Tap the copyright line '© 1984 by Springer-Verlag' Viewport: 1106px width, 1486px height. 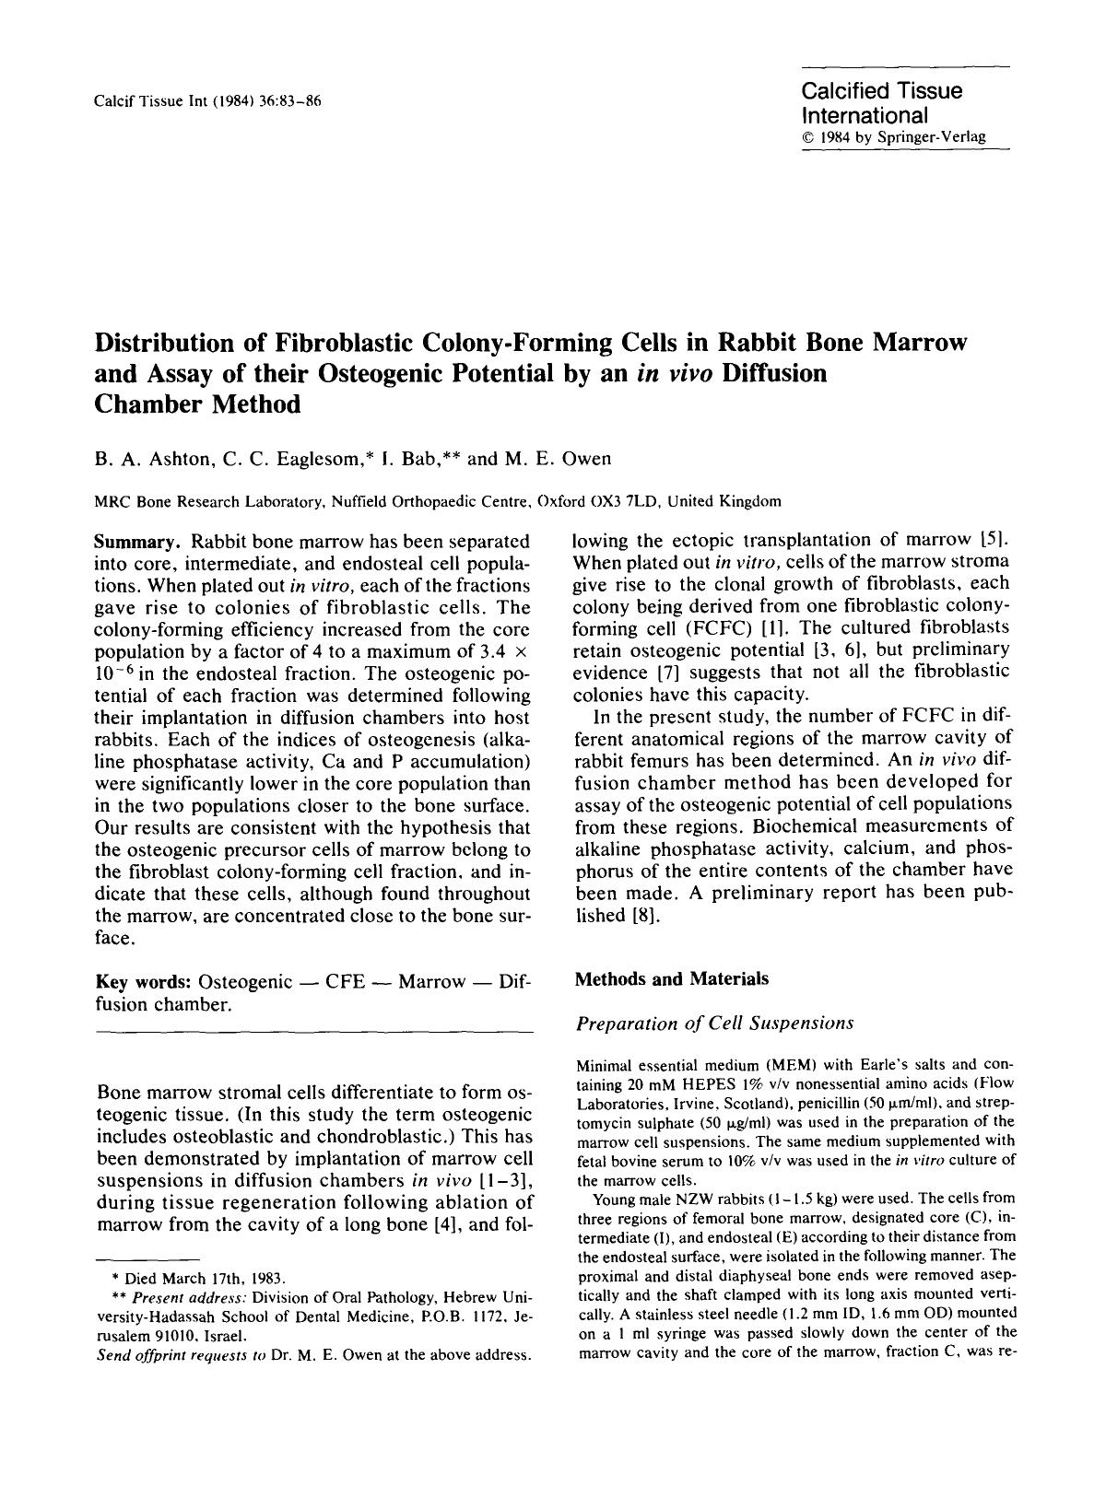[893, 137]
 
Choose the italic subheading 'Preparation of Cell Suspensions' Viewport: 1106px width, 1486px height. [714, 1023]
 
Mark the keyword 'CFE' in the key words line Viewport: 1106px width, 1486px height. [348, 982]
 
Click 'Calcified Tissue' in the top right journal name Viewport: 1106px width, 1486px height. [881, 91]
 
